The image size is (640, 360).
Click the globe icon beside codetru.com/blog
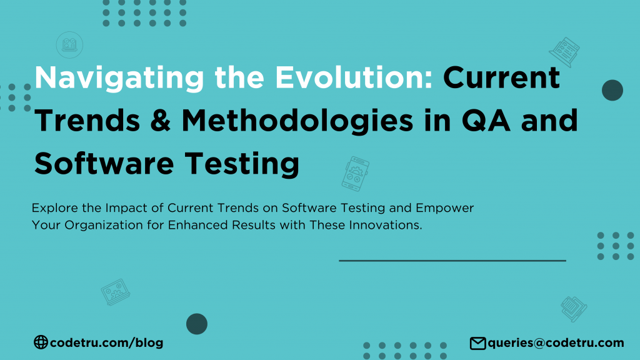click(41, 342)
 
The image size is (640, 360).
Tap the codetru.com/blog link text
click(106, 342)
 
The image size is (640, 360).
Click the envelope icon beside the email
click(477, 342)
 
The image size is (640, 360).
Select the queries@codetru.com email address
click(556, 342)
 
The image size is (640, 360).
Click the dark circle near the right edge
click(612, 91)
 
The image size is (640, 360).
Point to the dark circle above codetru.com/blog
click(197, 324)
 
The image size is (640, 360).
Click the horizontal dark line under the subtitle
click(452, 261)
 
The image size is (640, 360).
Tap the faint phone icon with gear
click(355, 173)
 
